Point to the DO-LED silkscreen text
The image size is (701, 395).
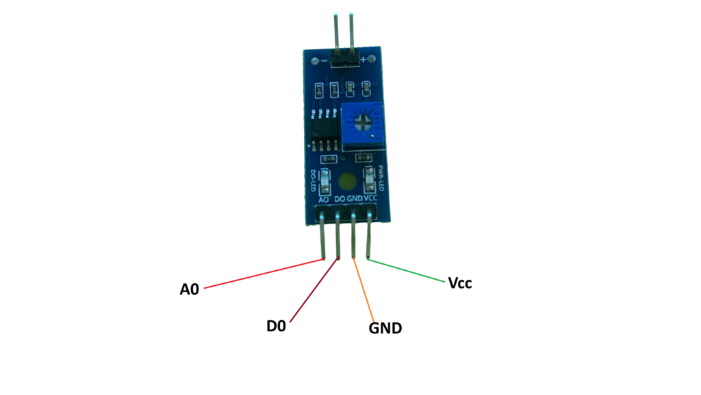[x=313, y=180]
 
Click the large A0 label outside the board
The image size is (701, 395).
[x=189, y=289]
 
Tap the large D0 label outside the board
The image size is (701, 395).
[x=276, y=326]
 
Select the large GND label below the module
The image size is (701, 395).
[x=385, y=328]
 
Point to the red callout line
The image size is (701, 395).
[x=264, y=274]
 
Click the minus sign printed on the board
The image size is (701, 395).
[x=323, y=60]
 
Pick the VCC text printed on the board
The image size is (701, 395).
[x=370, y=199]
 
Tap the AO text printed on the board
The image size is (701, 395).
[x=325, y=200]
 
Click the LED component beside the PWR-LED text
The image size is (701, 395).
[x=370, y=179]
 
